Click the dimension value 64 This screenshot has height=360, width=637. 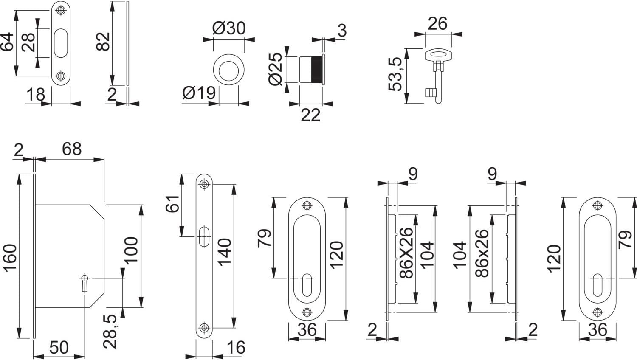click(7, 42)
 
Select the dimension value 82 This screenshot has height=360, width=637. click(103, 42)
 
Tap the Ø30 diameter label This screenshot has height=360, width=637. click(228, 28)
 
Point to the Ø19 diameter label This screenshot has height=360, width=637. click(199, 93)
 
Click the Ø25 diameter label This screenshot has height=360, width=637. click(275, 69)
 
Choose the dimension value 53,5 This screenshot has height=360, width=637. click(395, 74)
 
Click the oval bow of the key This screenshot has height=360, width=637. click(438, 54)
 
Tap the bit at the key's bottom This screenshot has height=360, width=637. click(431, 93)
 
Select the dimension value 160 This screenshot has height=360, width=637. click(10, 258)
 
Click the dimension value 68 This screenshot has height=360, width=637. click(72, 149)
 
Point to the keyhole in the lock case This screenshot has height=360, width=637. click(85, 283)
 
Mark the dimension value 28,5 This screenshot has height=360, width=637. click(110, 331)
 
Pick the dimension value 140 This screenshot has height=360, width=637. click(225, 252)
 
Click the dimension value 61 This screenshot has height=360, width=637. click(172, 204)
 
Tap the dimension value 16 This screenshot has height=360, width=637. click(236, 348)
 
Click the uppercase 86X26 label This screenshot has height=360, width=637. click(406, 253)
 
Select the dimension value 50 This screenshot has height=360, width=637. click(59, 347)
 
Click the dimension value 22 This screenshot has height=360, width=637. click(310, 115)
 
